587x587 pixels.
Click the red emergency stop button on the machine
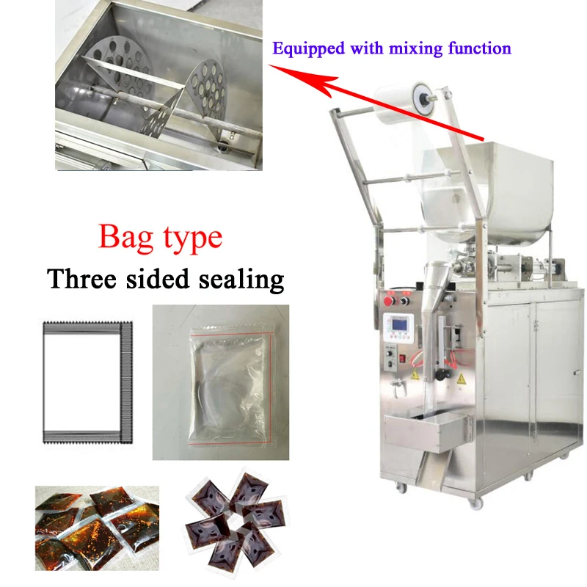[390, 301]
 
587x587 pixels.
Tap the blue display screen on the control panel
[399, 324]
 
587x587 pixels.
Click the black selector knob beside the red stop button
[405, 301]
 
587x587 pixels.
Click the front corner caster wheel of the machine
[475, 503]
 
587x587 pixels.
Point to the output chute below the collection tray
[431, 467]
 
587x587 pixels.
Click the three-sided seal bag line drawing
[87, 382]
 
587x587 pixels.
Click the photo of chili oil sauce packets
[97, 528]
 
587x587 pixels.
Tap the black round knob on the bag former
[441, 374]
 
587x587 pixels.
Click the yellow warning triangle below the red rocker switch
[415, 373]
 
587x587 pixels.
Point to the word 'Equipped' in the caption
[308, 49]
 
